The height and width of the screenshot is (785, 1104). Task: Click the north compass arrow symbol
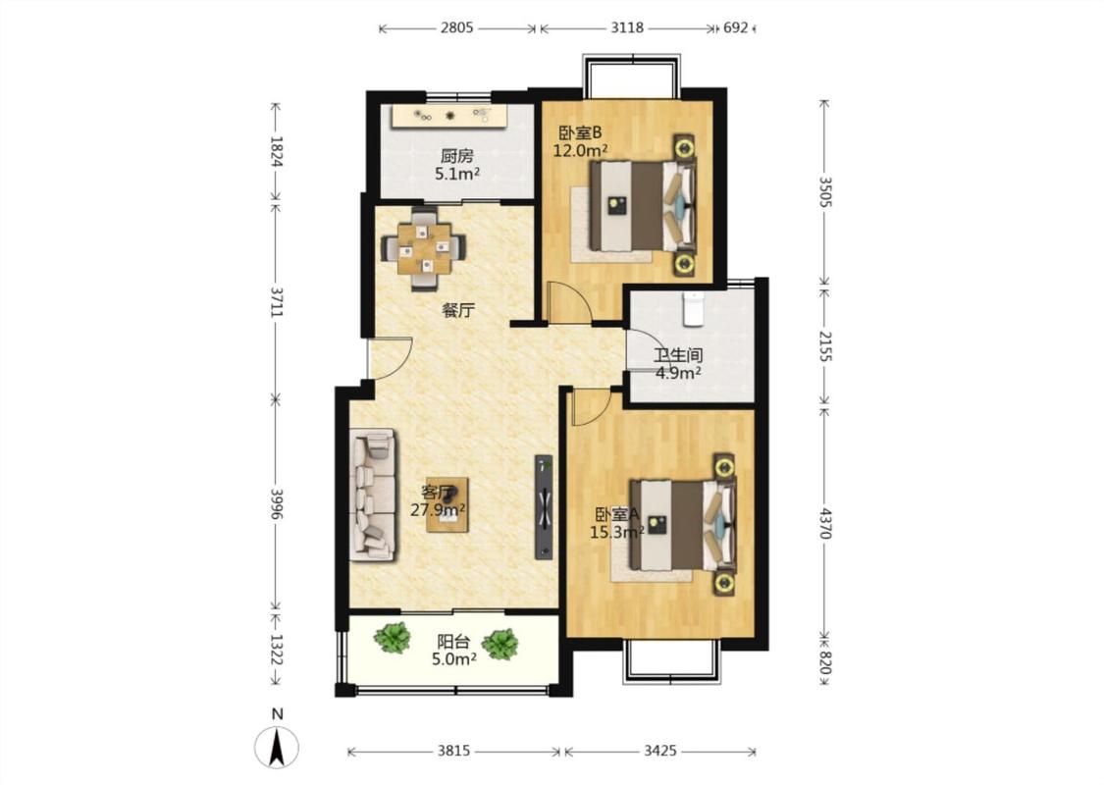(277, 747)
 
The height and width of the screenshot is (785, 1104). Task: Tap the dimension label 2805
(457, 28)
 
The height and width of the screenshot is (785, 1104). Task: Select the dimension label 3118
(627, 28)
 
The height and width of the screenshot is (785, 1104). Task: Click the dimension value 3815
(453, 752)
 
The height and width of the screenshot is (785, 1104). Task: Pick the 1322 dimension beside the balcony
(276, 650)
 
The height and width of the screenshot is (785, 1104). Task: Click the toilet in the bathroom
(694, 309)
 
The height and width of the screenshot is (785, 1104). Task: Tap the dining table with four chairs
(423, 248)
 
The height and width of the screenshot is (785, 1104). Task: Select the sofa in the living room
(373, 495)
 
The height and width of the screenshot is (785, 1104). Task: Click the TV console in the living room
(544, 507)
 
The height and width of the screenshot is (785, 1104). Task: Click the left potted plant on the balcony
(393, 637)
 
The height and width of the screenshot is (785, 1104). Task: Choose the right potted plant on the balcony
(500, 645)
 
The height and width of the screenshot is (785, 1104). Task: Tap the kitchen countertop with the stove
(449, 116)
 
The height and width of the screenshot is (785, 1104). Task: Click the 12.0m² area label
(580, 151)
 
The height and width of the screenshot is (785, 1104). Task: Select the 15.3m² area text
(617, 532)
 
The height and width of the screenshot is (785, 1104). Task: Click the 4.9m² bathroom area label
(678, 373)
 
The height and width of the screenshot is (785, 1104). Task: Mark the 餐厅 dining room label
(458, 310)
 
